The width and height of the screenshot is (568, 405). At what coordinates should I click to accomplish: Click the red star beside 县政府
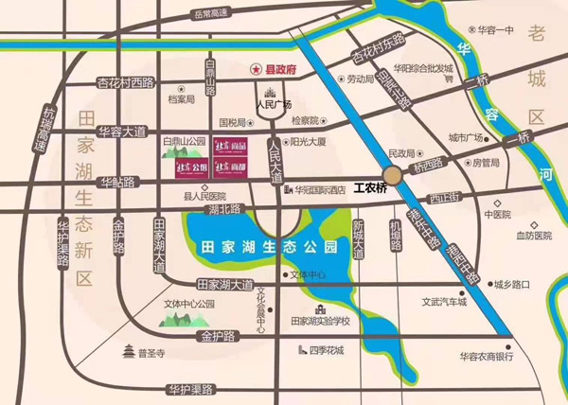click(253, 69)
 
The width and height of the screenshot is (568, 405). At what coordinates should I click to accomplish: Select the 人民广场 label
click(275, 103)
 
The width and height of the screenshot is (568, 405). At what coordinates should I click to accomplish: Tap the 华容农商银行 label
click(486, 357)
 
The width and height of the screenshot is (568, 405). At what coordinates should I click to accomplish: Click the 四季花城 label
click(327, 351)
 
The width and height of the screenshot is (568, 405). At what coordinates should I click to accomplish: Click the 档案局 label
click(180, 99)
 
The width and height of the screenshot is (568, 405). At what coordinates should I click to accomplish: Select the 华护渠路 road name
click(187, 389)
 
